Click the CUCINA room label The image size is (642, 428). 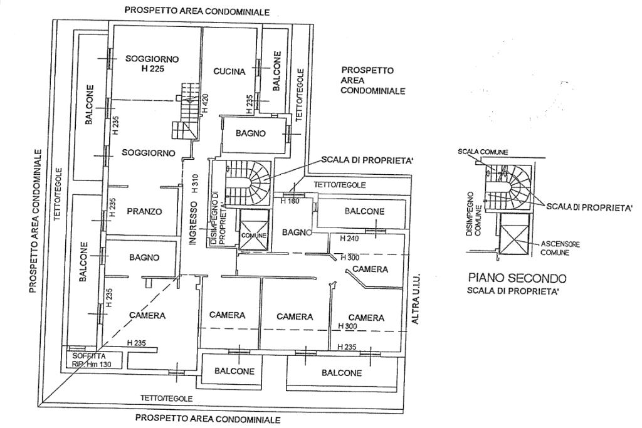[229, 71]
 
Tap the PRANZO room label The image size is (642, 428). [144, 211]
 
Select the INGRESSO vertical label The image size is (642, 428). [194, 223]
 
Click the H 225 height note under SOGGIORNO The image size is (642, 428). [152, 69]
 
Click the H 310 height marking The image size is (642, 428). [195, 182]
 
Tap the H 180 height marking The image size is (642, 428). [290, 201]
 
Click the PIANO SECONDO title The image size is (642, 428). [517, 278]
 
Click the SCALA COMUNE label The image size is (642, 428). [483, 152]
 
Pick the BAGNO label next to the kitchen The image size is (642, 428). [251, 133]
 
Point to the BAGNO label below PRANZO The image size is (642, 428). [144, 258]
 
